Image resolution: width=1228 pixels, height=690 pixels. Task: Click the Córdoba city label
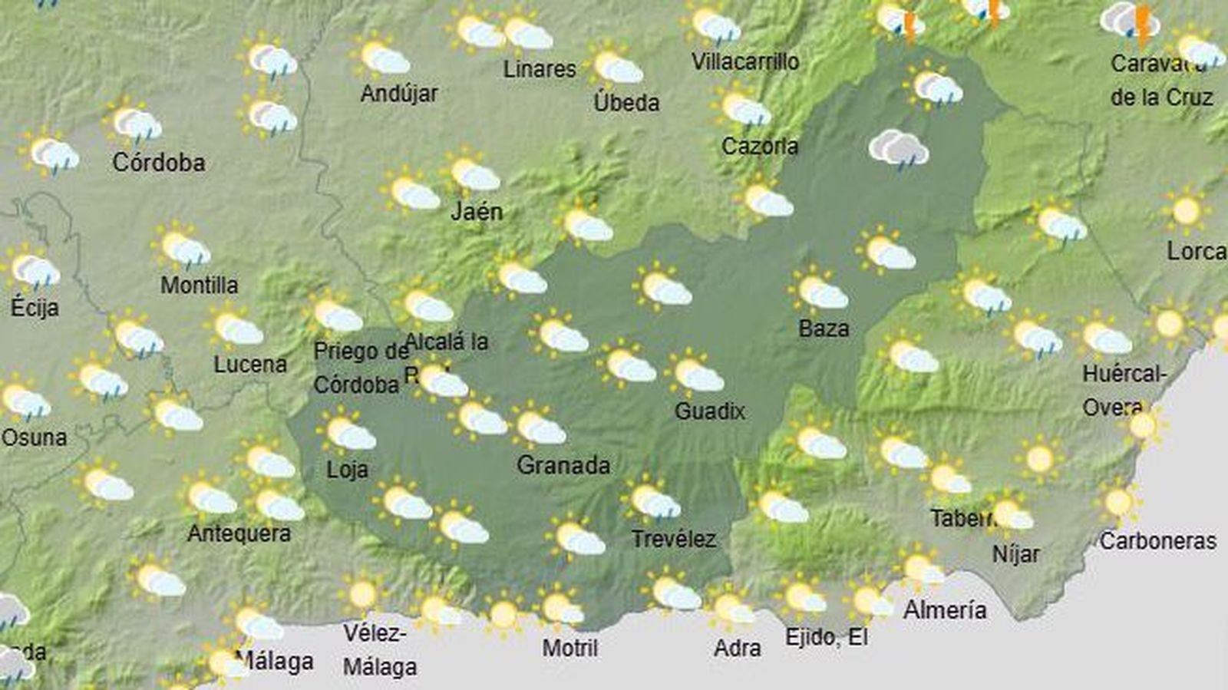(x=159, y=162)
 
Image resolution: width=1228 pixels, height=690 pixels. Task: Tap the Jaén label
(x=477, y=211)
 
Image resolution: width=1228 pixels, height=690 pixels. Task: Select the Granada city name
(x=563, y=464)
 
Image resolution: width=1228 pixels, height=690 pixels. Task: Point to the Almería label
(x=945, y=610)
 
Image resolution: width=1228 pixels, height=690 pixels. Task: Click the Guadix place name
(x=710, y=411)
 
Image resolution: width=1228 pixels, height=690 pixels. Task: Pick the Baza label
(x=824, y=328)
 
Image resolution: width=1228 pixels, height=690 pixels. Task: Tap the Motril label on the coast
(x=569, y=648)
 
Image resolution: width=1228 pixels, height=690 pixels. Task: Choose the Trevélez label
(x=674, y=539)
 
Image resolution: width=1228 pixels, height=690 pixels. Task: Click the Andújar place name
(x=399, y=94)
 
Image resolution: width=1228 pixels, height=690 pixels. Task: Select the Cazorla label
(x=760, y=146)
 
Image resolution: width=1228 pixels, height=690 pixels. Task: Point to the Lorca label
(x=1196, y=251)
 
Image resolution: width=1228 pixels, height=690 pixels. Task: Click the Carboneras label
(x=1157, y=541)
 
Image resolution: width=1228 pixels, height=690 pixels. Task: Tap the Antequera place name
(x=239, y=533)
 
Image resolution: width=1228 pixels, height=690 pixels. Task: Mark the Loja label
(x=347, y=469)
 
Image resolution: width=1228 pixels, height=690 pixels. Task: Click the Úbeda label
(x=626, y=102)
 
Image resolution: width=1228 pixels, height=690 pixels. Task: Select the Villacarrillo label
(x=745, y=61)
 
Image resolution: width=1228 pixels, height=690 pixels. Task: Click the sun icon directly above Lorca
(x=1186, y=210)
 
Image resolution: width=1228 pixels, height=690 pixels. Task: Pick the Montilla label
(x=199, y=285)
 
